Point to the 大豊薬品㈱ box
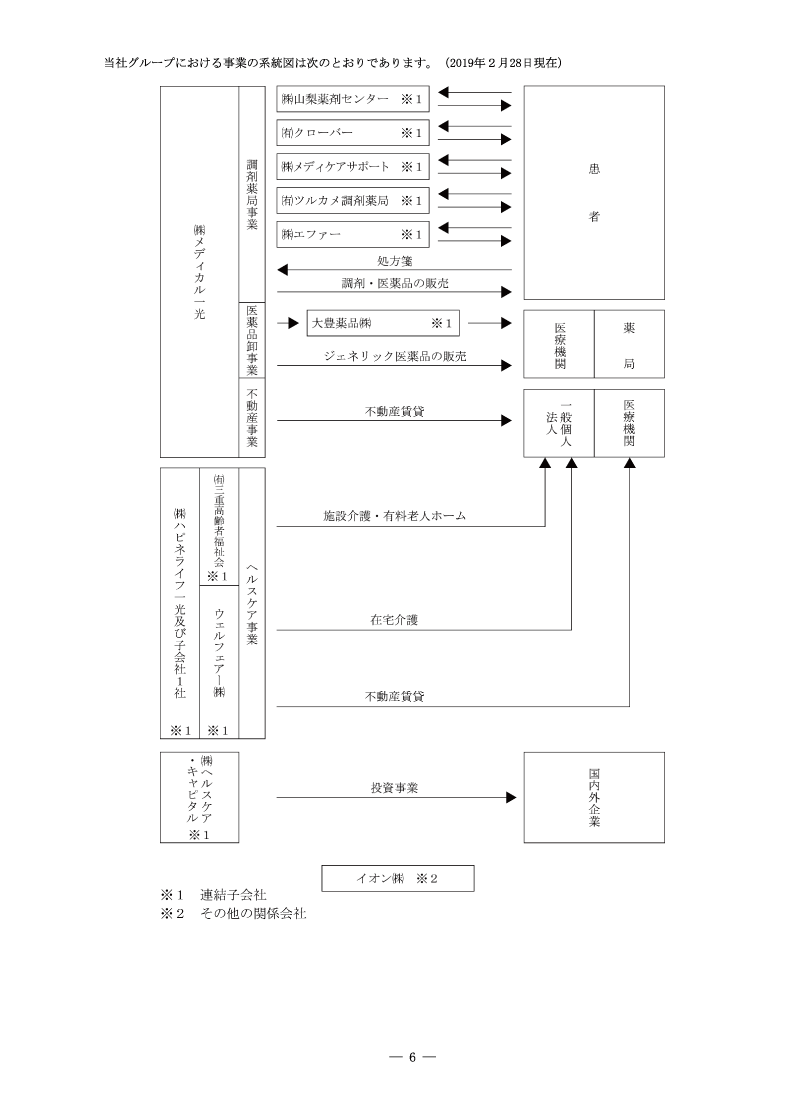pos(383,323)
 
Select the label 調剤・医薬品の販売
pos(392,284)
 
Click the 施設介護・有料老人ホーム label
pos(394,516)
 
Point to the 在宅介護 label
pos(394,620)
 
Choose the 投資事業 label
pos(394,788)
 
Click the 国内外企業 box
pos(595,798)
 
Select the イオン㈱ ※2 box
pos(397,878)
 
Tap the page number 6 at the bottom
pos(411,1058)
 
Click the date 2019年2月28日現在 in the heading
pos(503,63)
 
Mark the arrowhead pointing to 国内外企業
pos(510,798)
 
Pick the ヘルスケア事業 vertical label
pos(252,602)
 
